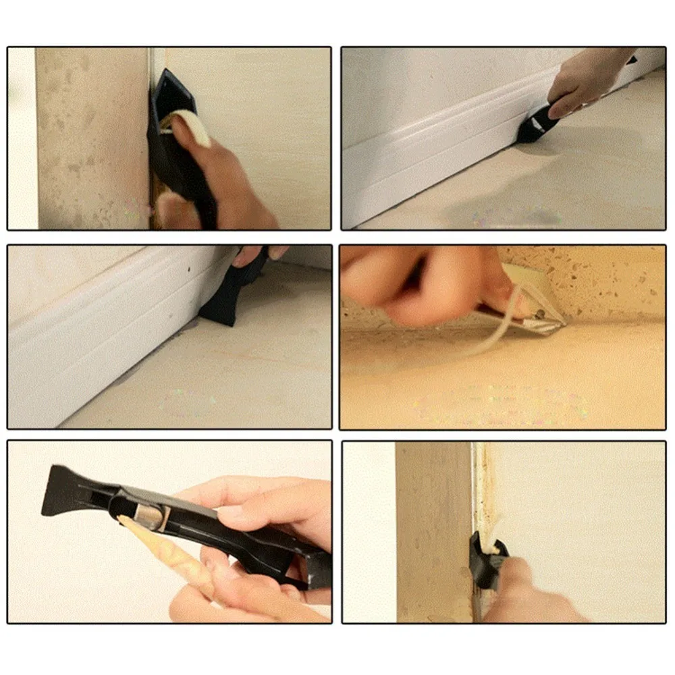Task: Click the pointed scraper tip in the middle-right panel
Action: [x=560, y=324]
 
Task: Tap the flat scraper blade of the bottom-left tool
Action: [x=64, y=489]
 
